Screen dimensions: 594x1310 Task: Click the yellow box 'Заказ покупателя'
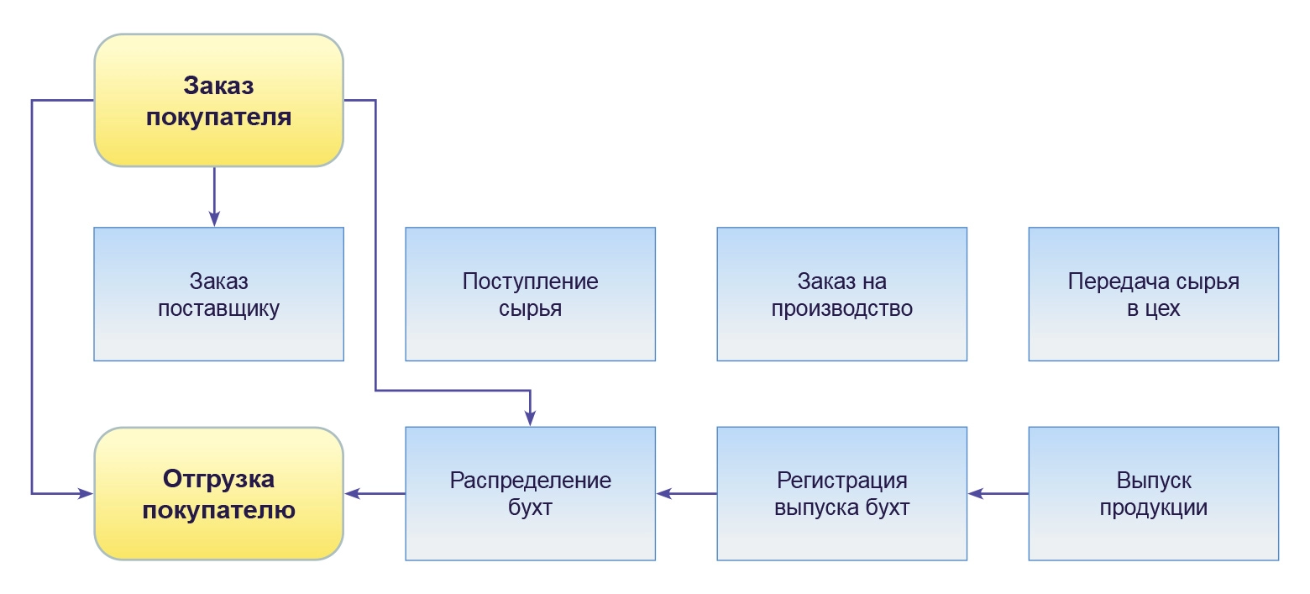(x=218, y=101)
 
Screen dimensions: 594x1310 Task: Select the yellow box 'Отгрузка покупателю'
(x=218, y=494)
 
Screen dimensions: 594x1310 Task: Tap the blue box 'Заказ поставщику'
(x=218, y=294)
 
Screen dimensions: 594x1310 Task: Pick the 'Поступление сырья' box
(x=530, y=294)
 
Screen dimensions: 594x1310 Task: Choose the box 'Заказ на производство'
(x=841, y=294)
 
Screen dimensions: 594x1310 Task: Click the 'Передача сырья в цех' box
(x=1153, y=294)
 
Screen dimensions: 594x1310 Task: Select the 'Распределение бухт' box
(x=530, y=494)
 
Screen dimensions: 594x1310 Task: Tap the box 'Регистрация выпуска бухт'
(x=841, y=494)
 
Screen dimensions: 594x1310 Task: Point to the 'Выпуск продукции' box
(x=1153, y=494)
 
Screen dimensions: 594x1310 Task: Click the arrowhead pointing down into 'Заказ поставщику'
(x=214, y=219)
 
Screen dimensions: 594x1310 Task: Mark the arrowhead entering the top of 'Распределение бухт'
(x=531, y=418)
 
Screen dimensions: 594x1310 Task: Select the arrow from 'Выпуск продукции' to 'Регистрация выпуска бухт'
(x=998, y=494)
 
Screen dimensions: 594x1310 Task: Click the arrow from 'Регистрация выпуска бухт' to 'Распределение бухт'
(x=687, y=494)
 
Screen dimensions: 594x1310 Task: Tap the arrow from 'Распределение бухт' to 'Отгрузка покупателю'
(x=375, y=494)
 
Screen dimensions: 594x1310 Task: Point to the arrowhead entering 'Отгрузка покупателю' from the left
(x=86, y=493)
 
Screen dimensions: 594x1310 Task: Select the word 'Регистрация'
(x=842, y=481)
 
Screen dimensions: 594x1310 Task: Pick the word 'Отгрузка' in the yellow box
(x=218, y=480)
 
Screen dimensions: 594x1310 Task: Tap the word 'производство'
(x=841, y=308)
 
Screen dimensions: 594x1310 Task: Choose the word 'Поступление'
(x=530, y=281)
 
